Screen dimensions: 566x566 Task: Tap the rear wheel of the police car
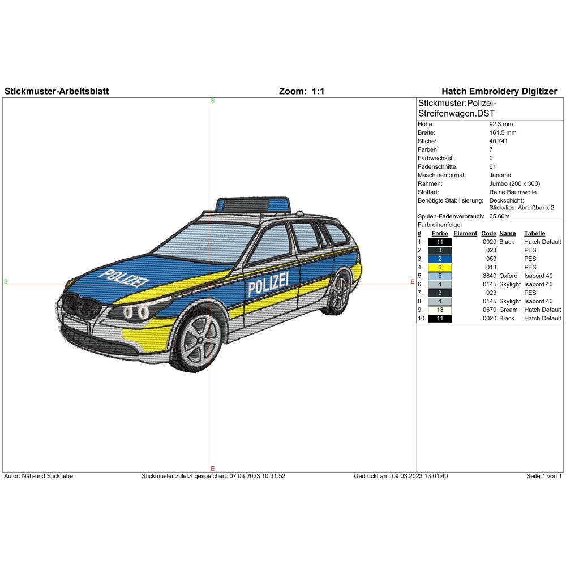click(338, 292)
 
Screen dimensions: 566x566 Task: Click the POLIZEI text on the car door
click(268, 282)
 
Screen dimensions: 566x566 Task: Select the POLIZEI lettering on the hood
click(124, 277)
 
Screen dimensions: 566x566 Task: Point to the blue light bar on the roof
click(252, 205)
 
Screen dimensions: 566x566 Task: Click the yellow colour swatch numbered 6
click(440, 268)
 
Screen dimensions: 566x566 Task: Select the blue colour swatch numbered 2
click(440, 259)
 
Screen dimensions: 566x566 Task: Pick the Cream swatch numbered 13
click(440, 310)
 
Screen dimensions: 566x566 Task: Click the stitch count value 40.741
click(499, 141)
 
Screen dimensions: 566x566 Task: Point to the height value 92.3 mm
click(501, 124)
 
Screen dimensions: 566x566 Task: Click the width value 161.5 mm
click(503, 132)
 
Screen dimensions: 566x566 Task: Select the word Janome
click(500, 175)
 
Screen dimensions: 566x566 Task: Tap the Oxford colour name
click(508, 276)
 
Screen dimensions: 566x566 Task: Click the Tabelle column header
click(535, 234)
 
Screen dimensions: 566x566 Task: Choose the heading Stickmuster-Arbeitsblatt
click(57, 91)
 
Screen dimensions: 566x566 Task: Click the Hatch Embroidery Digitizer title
click(499, 91)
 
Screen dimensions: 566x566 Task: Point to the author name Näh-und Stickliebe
click(48, 476)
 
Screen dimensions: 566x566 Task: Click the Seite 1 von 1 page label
click(544, 476)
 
